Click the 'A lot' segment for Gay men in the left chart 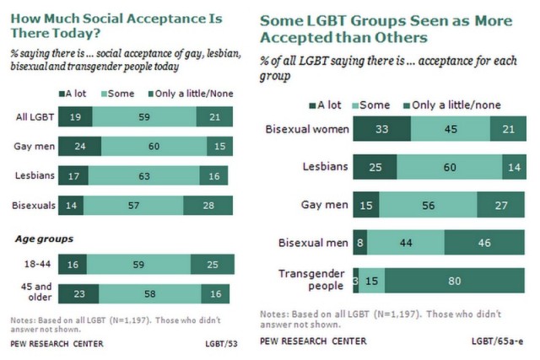click(81, 147)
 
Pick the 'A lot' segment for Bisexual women click(382, 129)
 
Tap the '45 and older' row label click(39, 293)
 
